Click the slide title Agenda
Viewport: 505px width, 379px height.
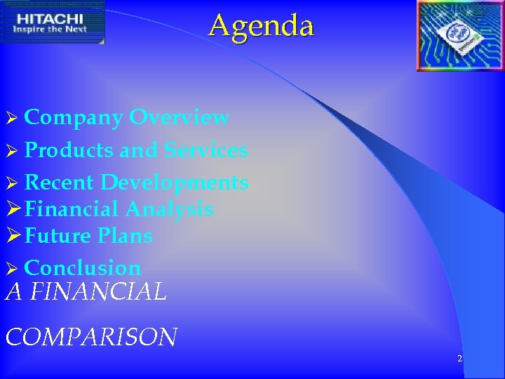(261, 26)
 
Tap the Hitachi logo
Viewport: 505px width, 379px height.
(53, 22)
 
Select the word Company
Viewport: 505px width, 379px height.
(74, 118)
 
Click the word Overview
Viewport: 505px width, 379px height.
(179, 117)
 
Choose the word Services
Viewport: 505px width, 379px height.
(206, 150)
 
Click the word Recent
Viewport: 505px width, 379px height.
(59, 182)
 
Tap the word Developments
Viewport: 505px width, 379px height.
(174, 183)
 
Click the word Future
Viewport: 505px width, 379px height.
(58, 236)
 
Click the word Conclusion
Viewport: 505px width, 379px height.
(83, 268)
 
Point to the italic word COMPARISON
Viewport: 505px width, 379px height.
(91, 337)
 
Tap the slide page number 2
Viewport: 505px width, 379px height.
(459, 359)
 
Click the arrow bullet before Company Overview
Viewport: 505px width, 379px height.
(11, 119)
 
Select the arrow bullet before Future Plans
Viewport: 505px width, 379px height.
(13, 236)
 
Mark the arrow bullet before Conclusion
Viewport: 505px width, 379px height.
(11, 269)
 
